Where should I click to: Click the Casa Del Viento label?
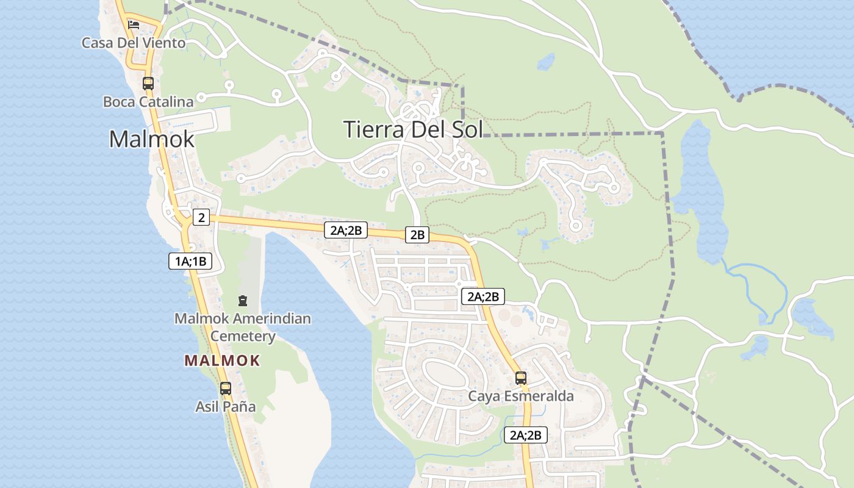click(134, 43)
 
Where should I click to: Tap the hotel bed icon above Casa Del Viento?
click(134, 25)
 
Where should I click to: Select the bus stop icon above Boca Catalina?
click(148, 83)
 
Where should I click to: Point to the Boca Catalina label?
click(148, 102)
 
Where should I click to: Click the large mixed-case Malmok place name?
click(151, 139)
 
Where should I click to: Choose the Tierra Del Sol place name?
click(413, 129)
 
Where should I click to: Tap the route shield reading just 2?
click(201, 217)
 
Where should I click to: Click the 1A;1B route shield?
click(190, 262)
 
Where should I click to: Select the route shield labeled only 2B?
click(417, 235)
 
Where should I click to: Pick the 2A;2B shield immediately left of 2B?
click(345, 230)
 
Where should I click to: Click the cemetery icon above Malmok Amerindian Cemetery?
click(243, 301)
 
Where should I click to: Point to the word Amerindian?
click(277, 318)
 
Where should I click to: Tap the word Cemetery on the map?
click(243, 336)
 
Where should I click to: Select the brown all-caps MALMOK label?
click(222, 361)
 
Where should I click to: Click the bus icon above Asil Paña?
click(225, 388)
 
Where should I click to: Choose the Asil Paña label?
click(225, 406)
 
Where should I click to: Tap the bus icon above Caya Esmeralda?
click(520, 378)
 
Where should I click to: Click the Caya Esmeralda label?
click(520, 396)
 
